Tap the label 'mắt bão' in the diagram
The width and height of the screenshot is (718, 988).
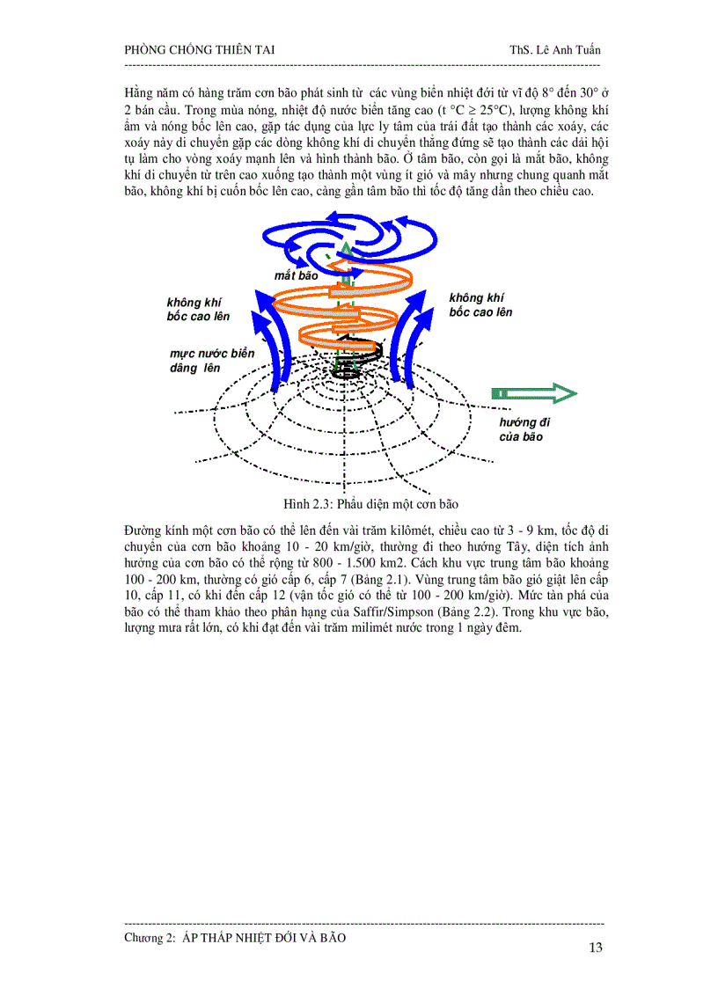[296, 275]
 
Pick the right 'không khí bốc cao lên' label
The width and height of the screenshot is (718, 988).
[480, 304]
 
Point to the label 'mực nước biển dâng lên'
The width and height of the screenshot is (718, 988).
[205, 361]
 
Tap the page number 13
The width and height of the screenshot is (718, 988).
[595, 948]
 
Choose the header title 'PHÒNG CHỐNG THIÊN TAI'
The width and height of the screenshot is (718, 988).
[200, 49]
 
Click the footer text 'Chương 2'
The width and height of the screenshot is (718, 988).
[150, 938]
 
